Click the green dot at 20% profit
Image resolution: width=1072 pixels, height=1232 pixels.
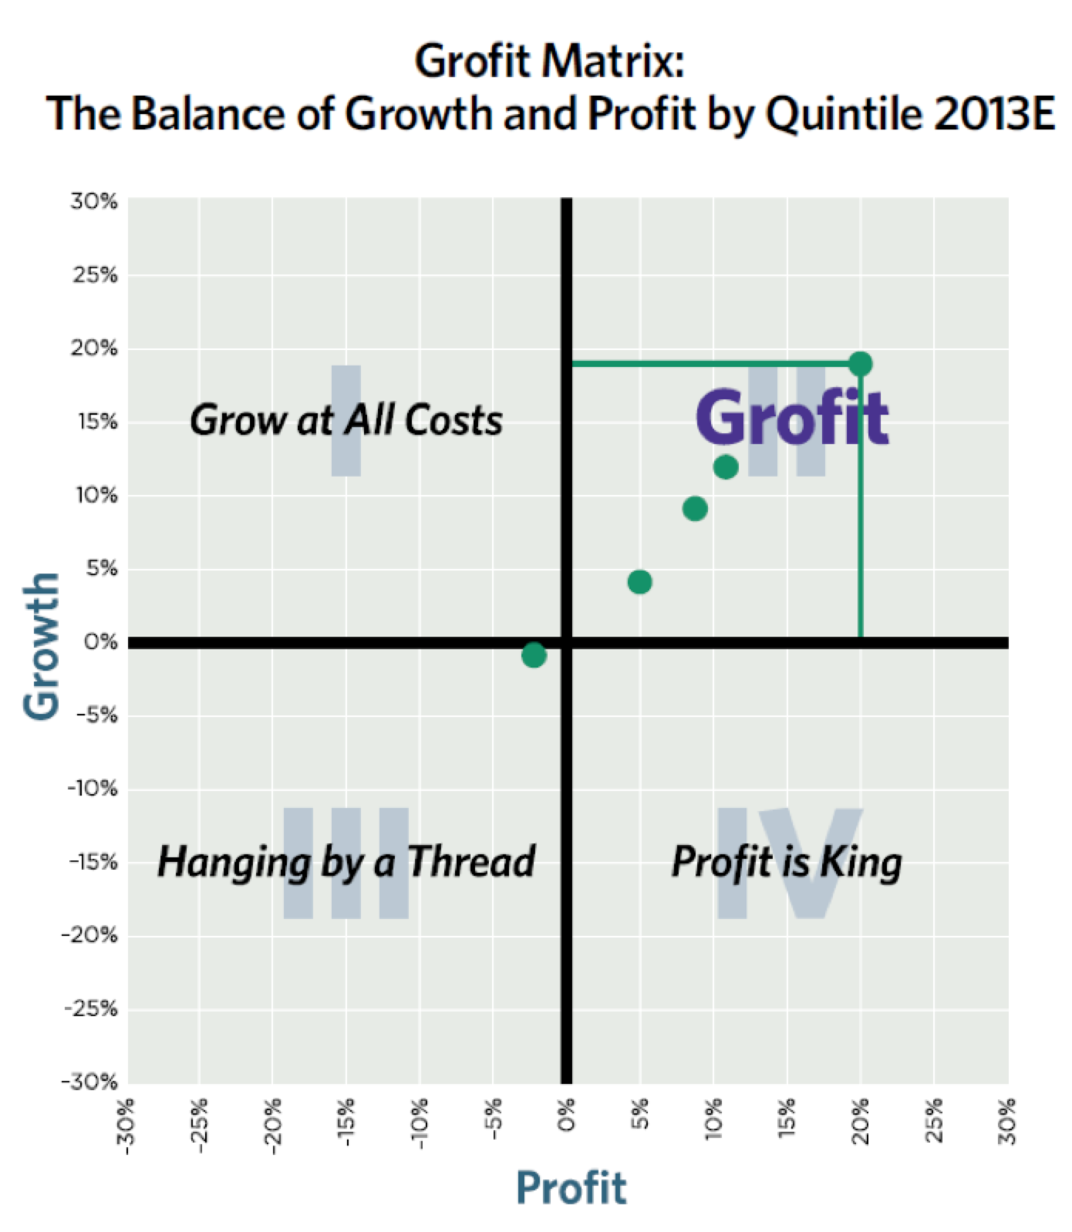(861, 363)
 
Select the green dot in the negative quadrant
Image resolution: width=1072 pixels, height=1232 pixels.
(534, 655)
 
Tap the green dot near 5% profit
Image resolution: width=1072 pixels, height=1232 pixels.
(639, 581)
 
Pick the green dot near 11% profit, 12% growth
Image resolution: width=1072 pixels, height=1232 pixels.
(726, 467)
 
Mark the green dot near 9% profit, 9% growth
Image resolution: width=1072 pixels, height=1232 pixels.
(695, 508)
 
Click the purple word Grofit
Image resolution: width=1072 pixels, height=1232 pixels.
(791, 417)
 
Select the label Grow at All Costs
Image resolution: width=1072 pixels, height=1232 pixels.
(346, 421)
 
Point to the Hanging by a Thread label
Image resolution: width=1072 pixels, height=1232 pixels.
(346, 861)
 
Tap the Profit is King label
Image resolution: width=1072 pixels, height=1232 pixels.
(787, 861)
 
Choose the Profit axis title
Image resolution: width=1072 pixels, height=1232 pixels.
(571, 1187)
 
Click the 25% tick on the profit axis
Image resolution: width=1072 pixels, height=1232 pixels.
(935, 1123)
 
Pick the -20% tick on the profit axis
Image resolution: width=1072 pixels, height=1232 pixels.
(273, 1126)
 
